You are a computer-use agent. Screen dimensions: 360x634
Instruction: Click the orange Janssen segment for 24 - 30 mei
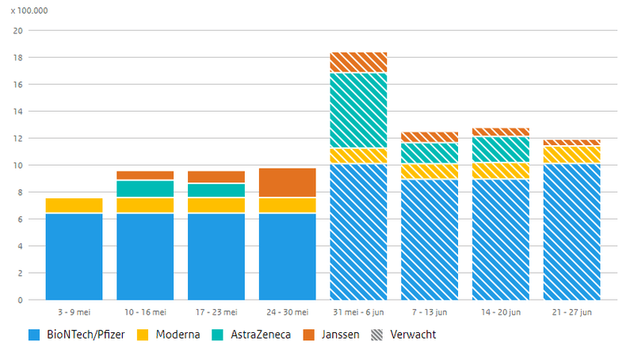click(287, 182)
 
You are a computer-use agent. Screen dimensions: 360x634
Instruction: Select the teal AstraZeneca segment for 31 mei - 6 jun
click(358, 110)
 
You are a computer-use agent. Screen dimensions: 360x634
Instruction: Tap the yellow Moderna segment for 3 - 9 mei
click(74, 205)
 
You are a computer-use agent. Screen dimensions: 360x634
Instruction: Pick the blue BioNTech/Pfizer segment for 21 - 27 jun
click(571, 232)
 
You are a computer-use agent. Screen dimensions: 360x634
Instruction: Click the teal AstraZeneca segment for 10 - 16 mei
click(145, 189)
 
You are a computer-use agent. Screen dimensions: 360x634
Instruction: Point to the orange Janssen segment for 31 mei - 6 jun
click(358, 62)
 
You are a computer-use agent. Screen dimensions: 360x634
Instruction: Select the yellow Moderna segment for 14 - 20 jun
click(500, 170)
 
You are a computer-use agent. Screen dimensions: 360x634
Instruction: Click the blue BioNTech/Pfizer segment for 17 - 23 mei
click(216, 256)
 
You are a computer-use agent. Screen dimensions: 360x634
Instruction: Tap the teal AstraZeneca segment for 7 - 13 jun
click(430, 153)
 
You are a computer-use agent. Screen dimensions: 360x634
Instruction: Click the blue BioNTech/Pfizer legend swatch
click(33, 335)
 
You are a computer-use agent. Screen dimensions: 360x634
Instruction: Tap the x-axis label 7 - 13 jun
click(430, 312)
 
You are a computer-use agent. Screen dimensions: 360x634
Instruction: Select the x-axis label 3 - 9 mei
click(74, 312)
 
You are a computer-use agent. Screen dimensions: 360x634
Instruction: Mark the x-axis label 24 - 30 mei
click(287, 312)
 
